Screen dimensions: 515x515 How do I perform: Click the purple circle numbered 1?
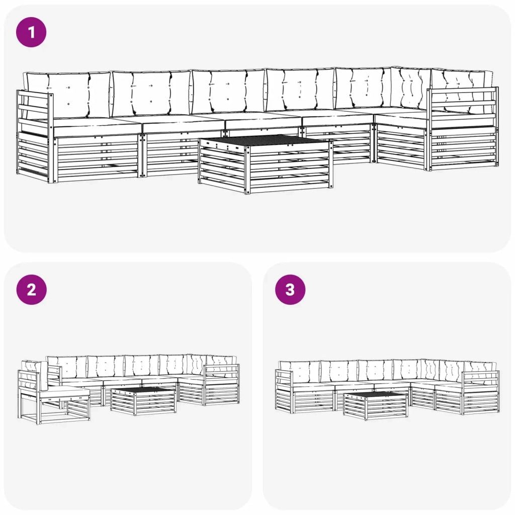pos(31,32)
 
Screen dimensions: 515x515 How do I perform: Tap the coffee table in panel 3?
pos(375,405)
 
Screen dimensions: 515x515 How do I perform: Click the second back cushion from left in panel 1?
pos(151,93)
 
